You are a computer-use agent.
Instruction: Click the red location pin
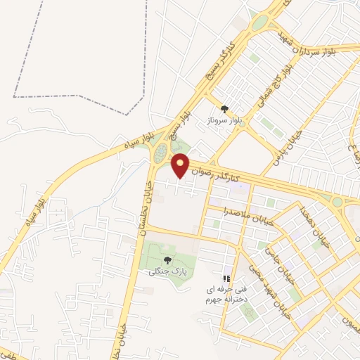tap(181, 165)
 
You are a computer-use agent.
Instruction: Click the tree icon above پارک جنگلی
tap(167, 261)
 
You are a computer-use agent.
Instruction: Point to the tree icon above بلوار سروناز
tap(224, 109)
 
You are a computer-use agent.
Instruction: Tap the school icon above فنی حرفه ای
tap(226, 278)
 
